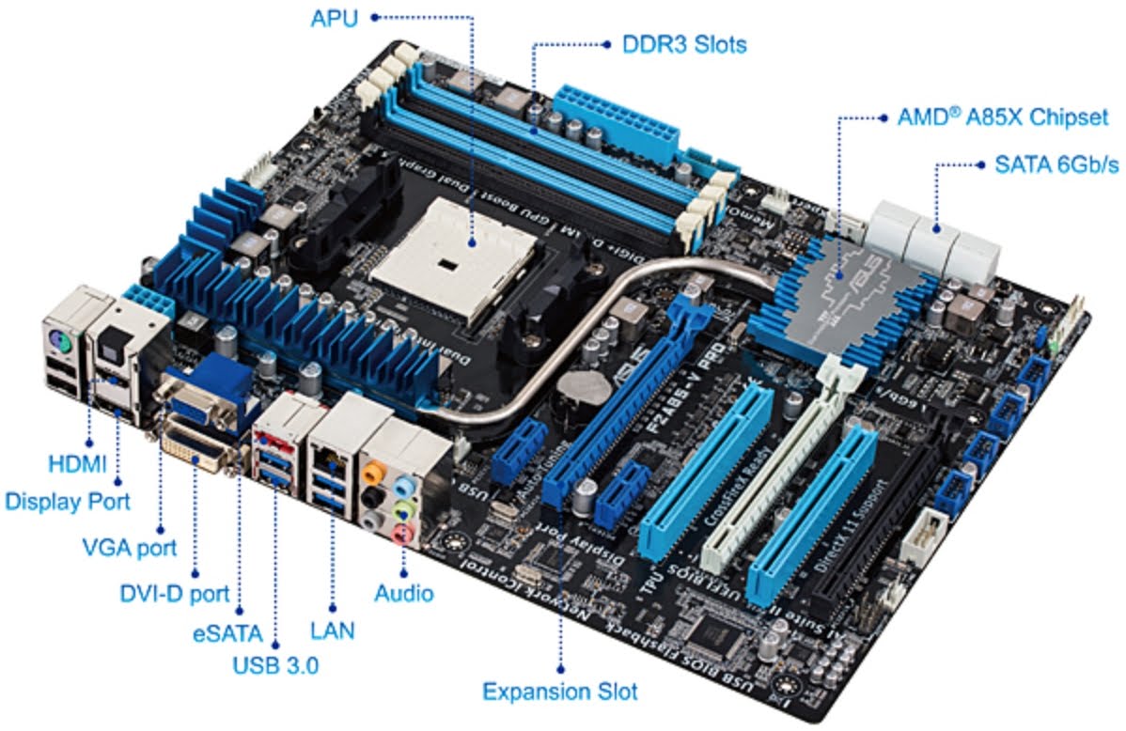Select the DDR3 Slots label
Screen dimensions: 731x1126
pyautogui.click(x=684, y=43)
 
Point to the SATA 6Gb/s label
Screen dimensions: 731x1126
pyautogui.click(x=1056, y=165)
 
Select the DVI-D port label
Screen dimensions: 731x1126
pyautogui.click(x=174, y=593)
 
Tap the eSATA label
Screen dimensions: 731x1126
pyautogui.click(x=224, y=630)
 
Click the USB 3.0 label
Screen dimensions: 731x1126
pyautogui.click(x=275, y=666)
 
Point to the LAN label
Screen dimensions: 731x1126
pyautogui.click(x=333, y=630)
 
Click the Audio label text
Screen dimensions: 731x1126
pyautogui.click(x=404, y=593)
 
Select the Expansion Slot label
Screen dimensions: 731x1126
pyautogui.click(x=560, y=692)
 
